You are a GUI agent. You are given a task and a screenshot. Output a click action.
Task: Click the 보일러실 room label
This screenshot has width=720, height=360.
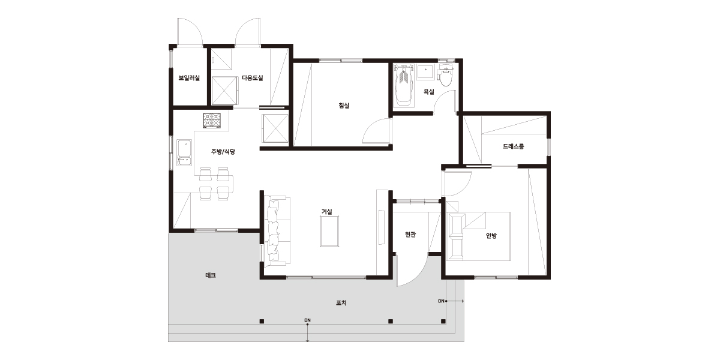click(189, 78)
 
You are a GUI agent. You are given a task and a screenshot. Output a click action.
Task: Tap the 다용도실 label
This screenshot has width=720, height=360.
click(253, 78)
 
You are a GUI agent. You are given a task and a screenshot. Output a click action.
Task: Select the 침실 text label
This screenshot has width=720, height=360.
click(344, 106)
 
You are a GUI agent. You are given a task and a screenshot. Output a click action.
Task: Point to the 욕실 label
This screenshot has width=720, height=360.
click(429, 92)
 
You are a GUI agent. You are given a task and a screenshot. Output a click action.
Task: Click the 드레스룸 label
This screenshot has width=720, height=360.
click(514, 146)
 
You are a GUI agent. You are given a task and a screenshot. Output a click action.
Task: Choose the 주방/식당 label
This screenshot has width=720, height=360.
click(223, 152)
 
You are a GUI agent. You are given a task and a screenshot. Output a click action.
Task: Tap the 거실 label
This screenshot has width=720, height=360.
click(327, 211)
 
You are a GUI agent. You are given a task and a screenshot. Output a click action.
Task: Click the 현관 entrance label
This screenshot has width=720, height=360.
click(410, 235)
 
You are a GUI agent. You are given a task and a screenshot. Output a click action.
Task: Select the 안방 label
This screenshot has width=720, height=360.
click(491, 236)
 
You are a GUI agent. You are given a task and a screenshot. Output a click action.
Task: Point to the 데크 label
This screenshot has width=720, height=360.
click(211, 275)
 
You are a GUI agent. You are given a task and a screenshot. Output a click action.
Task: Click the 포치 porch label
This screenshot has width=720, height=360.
click(341, 303)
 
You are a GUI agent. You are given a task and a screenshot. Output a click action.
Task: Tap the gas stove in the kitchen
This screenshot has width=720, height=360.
click(212, 121)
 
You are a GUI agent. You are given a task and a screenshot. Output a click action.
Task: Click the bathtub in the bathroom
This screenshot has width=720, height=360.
click(404, 85)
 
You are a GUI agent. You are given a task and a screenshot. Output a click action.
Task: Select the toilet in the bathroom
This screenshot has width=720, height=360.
click(445, 76)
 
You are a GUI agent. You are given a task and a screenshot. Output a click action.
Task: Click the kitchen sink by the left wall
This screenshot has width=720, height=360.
click(184, 152)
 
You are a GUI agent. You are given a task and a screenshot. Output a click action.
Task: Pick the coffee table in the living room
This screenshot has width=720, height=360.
click(329, 231)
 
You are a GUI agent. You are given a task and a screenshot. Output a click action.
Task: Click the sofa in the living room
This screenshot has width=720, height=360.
click(276, 231)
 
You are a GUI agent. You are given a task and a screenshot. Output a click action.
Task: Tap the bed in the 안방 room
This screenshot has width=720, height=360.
click(479, 236)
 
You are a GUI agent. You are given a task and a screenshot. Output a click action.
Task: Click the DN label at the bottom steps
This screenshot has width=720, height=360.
click(307, 320)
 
